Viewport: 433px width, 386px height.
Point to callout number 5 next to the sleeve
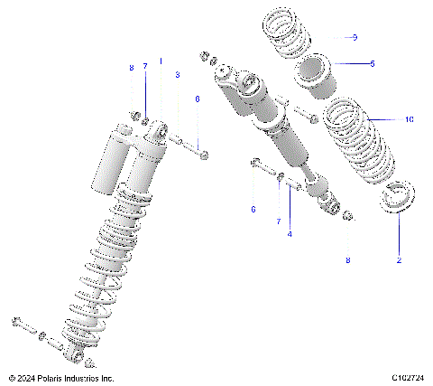[370, 63]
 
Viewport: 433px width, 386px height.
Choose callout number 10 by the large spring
[409, 118]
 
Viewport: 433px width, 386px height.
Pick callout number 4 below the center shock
[290, 234]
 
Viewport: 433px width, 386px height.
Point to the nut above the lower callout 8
[347, 216]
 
